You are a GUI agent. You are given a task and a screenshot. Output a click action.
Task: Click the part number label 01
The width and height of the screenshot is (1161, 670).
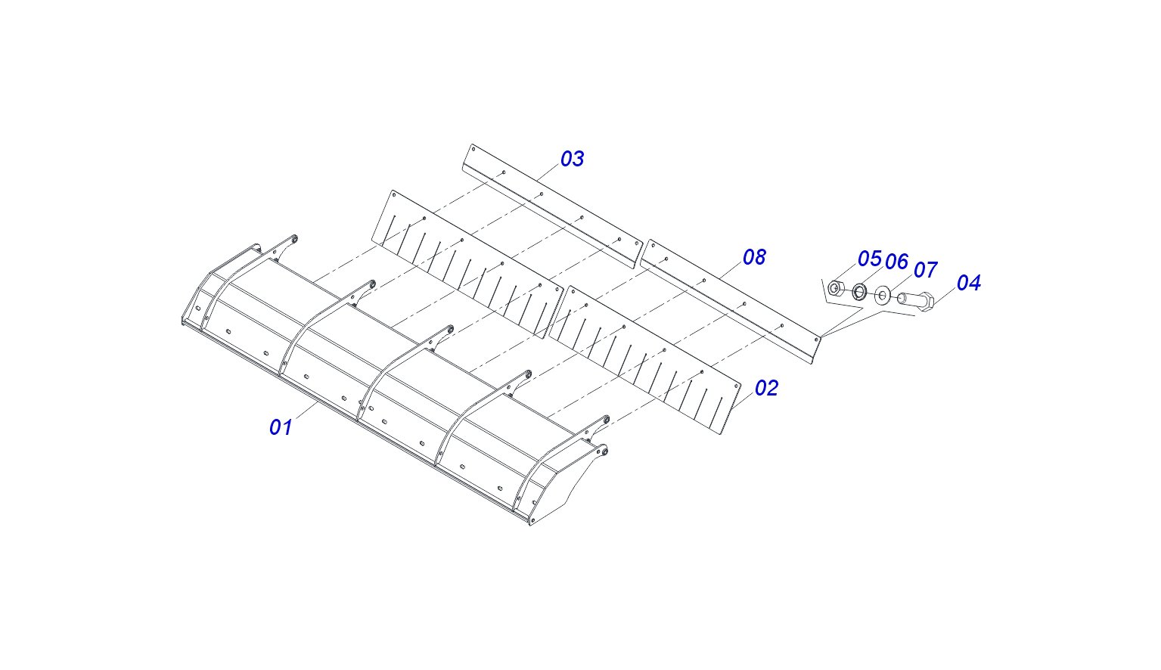point(281,427)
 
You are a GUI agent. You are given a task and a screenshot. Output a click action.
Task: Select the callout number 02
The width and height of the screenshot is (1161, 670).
point(767,388)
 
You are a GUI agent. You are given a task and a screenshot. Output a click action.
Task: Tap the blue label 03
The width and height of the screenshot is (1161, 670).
point(573,159)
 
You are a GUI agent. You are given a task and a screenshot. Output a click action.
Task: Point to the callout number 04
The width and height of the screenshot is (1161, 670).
point(969,282)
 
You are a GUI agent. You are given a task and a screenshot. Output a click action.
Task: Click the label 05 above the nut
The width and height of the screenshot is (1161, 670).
point(869,259)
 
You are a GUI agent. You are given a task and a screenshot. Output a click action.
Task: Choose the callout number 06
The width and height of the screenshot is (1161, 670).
point(897,262)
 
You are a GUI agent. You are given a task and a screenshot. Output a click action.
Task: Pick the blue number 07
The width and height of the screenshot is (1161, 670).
point(925,269)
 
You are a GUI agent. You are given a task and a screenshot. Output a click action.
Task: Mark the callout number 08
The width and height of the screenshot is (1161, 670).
point(754,257)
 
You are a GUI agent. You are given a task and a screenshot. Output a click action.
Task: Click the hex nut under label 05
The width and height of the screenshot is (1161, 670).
point(834,287)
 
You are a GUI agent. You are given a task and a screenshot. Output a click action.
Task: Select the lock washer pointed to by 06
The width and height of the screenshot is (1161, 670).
point(859,291)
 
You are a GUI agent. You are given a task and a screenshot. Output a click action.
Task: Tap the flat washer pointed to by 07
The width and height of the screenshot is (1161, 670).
point(882,295)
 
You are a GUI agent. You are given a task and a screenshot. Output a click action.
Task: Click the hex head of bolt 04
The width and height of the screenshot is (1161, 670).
point(926,302)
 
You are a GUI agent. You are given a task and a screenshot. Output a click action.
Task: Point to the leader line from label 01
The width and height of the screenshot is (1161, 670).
point(307,411)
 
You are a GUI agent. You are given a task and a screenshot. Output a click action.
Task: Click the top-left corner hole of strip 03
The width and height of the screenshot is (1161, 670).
point(473,149)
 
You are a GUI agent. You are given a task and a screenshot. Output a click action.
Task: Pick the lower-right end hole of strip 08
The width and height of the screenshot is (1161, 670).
point(817,340)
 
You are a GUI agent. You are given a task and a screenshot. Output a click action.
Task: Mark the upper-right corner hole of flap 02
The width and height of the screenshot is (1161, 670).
point(737,385)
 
